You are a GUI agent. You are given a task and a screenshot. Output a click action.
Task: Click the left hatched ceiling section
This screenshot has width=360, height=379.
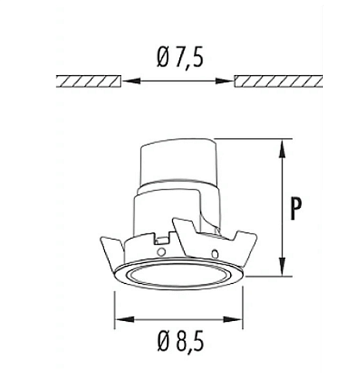click(90, 80)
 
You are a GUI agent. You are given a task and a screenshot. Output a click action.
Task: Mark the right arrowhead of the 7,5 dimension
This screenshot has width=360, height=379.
click(229, 80)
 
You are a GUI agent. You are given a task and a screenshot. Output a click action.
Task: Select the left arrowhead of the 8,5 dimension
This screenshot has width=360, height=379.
click(120, 319)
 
